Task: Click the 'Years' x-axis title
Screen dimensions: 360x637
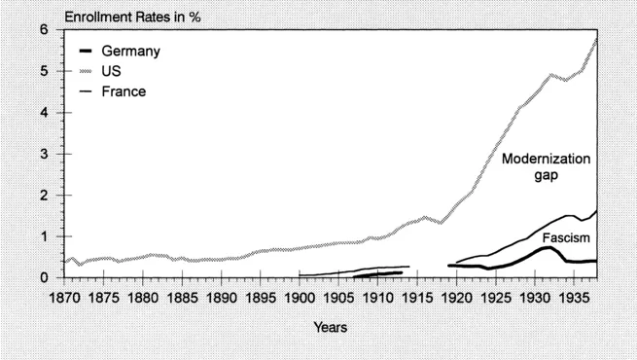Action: (x=330, y=328)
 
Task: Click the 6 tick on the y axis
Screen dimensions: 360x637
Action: (x=44, y=30)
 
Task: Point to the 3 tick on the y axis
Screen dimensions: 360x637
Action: (x=44, y=154)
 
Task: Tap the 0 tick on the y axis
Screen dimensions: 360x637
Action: (x=44, y=277)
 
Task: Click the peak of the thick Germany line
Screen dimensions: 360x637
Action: (x=549, y=248)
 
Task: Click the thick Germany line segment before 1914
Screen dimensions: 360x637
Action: (x=384, y=273)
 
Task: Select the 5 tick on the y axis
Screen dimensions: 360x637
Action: (x=44, y=71)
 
